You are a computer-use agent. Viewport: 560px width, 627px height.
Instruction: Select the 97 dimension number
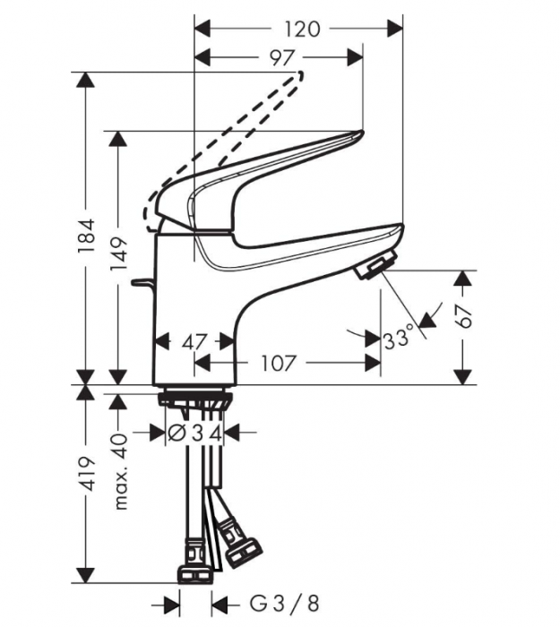(281, 58)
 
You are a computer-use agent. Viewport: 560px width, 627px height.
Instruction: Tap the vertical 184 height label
(86, 236)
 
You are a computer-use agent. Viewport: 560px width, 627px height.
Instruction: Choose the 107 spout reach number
(281, 363)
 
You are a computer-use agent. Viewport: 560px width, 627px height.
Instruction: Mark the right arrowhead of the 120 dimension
(396, 29)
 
